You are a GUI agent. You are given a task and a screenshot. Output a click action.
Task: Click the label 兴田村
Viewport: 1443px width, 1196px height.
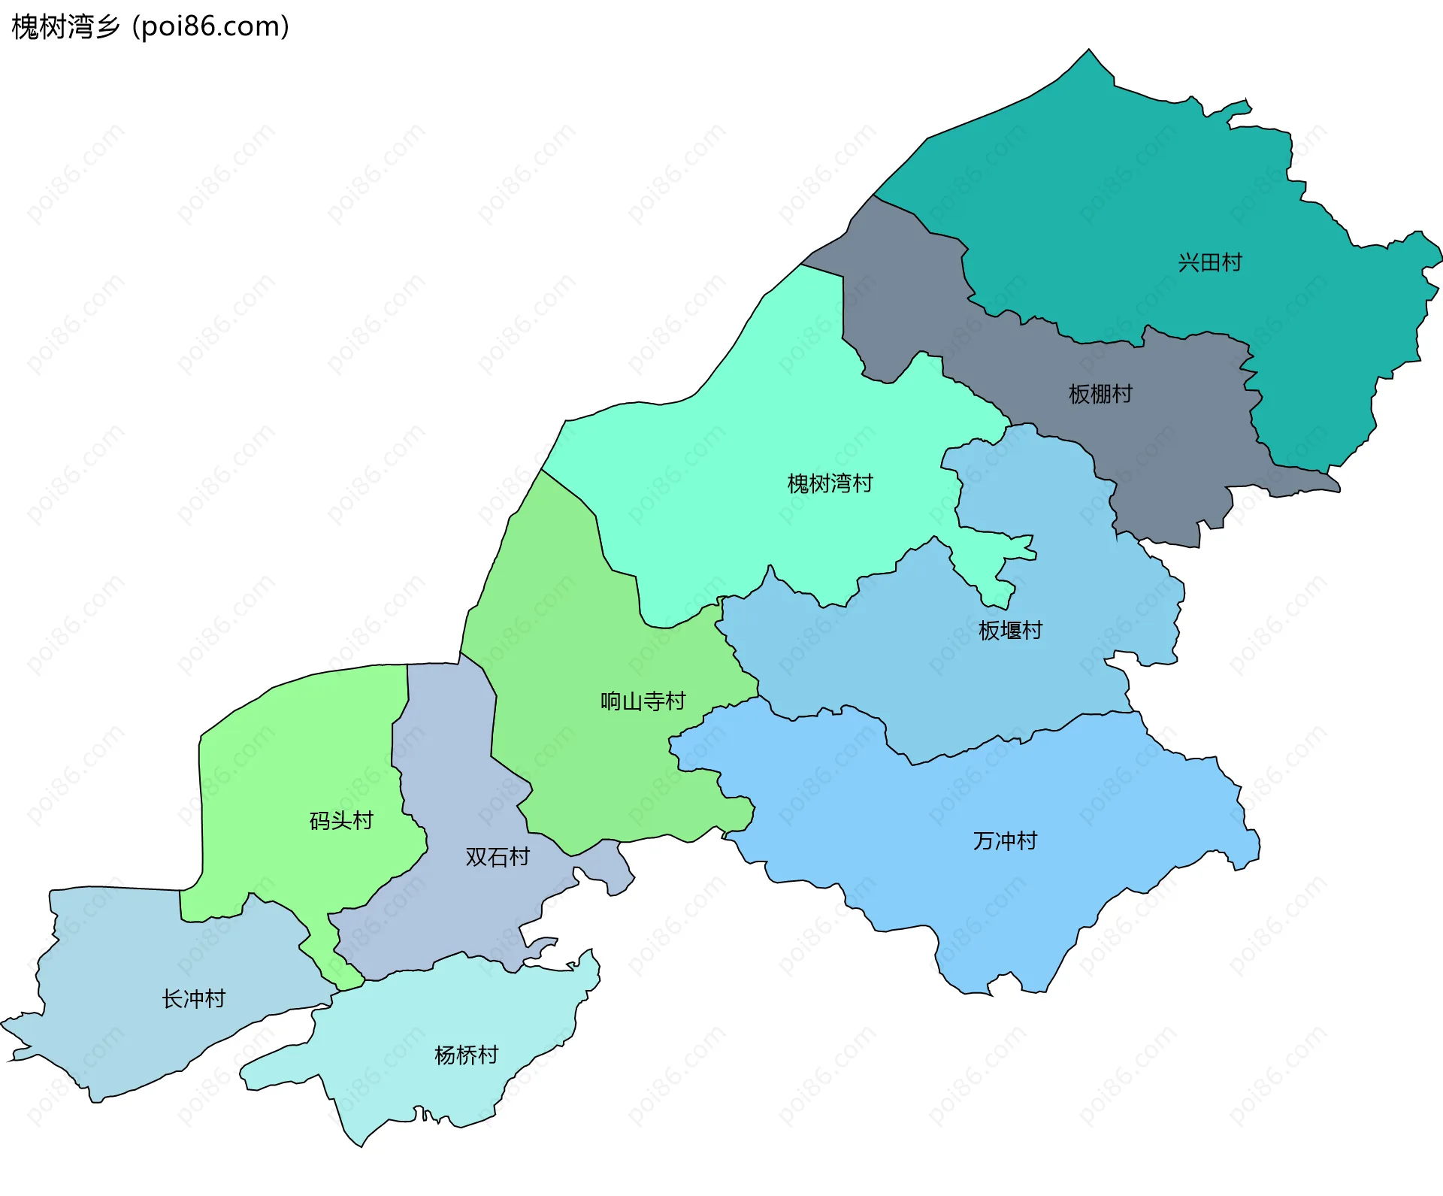click(x=1209, y=262)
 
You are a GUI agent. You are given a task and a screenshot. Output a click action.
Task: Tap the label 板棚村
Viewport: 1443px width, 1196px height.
click(x=1100, y=394)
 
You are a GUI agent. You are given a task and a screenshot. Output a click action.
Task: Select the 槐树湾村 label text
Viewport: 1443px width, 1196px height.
click(x=830, y=483)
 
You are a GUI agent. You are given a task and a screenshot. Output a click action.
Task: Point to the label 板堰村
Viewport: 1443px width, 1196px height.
click(x=1010, y=630)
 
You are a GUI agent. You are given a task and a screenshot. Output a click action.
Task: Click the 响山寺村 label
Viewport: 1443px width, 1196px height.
click(x=643, y=701)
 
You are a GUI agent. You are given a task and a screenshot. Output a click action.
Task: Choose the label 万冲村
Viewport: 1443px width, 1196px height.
click(x=1005, y=840)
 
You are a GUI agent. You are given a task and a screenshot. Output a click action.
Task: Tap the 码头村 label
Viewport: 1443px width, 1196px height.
click(x=341, y=820)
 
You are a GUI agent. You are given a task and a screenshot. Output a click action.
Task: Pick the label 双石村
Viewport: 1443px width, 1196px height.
click(x=497, y=856)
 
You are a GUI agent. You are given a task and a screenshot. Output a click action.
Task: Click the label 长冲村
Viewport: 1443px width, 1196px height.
click(x=193, y=998)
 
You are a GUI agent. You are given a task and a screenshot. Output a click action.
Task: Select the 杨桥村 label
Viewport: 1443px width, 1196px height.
click(x=466, y=1055)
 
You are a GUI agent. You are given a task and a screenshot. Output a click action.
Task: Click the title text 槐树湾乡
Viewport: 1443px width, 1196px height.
click(x=66, y=27)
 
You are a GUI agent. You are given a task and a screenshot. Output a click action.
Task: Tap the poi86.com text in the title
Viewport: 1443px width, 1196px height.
click(x=210, y=27)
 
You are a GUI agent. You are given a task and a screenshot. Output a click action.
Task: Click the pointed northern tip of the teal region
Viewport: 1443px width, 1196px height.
click(x=1089, y=51)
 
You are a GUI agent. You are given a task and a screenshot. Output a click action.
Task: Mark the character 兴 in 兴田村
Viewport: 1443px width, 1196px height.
click(x=1188, y=262)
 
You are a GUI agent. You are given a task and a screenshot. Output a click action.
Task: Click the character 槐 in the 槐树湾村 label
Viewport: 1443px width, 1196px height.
click(x=797, y=483)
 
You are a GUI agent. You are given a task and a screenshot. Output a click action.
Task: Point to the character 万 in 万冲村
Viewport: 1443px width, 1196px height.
click(x=984, y=840)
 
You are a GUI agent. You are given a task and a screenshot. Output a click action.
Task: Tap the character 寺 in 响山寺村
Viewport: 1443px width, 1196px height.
click(x=653, y=701)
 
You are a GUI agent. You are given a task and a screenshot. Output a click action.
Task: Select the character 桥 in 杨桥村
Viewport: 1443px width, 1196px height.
click(x=466, y=1055)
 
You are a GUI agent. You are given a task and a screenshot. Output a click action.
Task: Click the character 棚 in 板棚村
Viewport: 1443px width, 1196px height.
click(x=1100, y=394)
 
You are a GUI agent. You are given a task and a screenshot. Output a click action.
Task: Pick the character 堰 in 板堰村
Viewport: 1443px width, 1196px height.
click(x=1010, y=630)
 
